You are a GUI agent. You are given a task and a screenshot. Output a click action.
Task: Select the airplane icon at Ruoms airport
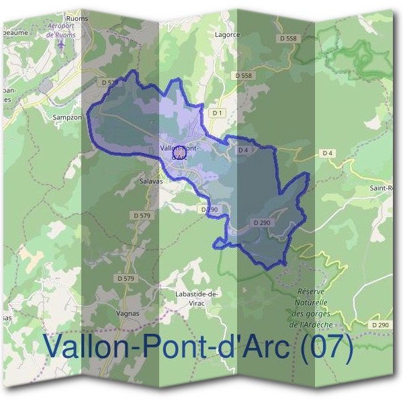click(62, 45)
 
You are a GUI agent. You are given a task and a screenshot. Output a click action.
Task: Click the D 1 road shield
click(216, 114)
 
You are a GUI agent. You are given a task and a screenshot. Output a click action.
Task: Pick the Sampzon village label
click(67, 116)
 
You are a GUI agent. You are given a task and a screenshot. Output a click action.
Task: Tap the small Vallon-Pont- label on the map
click(179, 148)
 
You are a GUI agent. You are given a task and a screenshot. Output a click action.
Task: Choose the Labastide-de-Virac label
click(192, 298)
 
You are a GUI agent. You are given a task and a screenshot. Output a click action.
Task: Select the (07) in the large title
click(327, 347)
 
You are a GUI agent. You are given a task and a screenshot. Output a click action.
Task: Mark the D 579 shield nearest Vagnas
click(126, 278)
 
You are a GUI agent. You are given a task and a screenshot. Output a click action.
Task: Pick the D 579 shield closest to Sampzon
click(109, 83)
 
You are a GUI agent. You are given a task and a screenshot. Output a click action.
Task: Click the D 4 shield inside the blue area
click(243, 150)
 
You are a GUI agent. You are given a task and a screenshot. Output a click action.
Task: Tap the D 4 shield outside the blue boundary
click(327, 153)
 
